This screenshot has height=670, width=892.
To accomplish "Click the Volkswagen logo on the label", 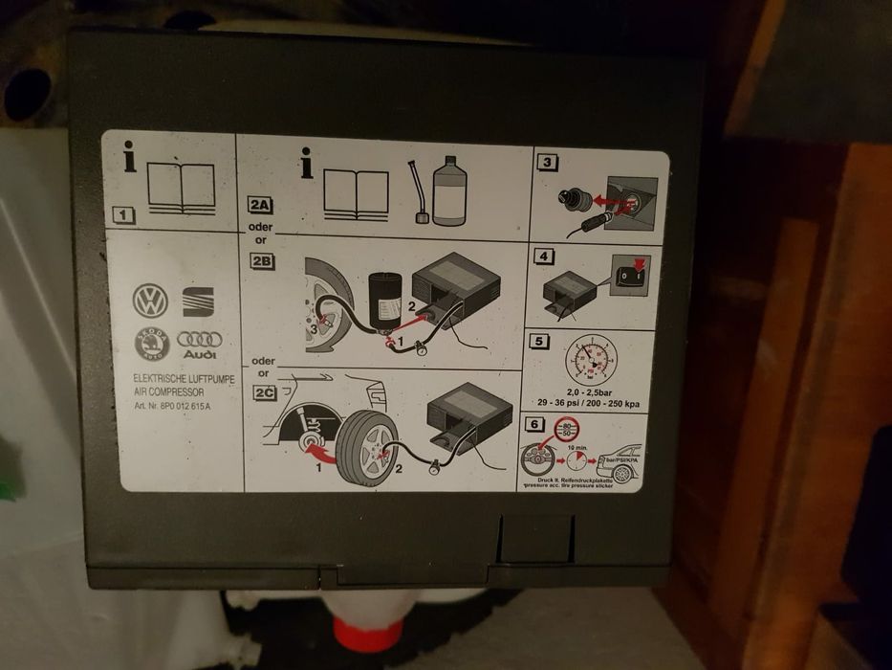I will pyautogui.click(x=150, y=301).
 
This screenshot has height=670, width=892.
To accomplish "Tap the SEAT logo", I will pyautogui.click(x=198, y=301).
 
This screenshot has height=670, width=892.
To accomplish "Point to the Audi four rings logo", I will pyautogui.click(x=200, y=341).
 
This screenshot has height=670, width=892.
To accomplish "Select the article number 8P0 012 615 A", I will pyautogui.click(x=175, y=405).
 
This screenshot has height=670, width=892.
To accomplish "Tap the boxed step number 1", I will pyautogui.click(x=123, y=215).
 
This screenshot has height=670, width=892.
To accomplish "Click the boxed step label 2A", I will pyautogui.click(x=261, y=204).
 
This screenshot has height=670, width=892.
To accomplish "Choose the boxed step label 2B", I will pyautogui.click(x=261, y=261).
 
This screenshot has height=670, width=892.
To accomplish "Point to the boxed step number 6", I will pyautogui.click(x=534, y=424).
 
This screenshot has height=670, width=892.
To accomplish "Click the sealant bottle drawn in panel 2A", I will pyautogui.click(x=448, y=193).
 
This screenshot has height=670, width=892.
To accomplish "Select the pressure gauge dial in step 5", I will pyautogui.click(x=591, y=360).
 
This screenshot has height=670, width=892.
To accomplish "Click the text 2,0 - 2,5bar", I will pyautogui.click(x=591, y=392).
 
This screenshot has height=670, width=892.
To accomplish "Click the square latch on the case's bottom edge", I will pyautogui.click(x=536, y=539).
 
